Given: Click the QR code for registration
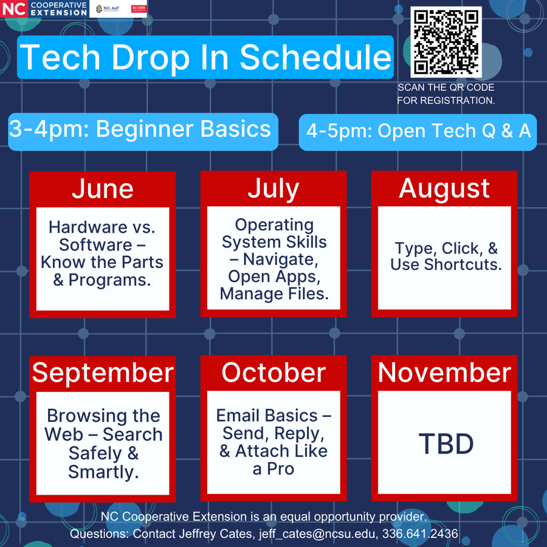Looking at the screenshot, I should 447,41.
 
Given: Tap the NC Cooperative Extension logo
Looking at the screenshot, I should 45,9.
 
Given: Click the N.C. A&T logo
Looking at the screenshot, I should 108,9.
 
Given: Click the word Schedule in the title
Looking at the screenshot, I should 315,57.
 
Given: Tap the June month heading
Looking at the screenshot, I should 102,188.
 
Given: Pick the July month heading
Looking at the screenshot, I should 273,188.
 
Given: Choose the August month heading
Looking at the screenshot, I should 444,188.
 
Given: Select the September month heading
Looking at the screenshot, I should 103,373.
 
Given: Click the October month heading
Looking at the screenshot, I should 273,373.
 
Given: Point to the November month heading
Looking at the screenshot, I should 444,373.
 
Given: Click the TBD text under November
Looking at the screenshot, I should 446,444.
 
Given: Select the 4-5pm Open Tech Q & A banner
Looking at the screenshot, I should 418,131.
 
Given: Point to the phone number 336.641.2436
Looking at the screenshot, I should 419,534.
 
